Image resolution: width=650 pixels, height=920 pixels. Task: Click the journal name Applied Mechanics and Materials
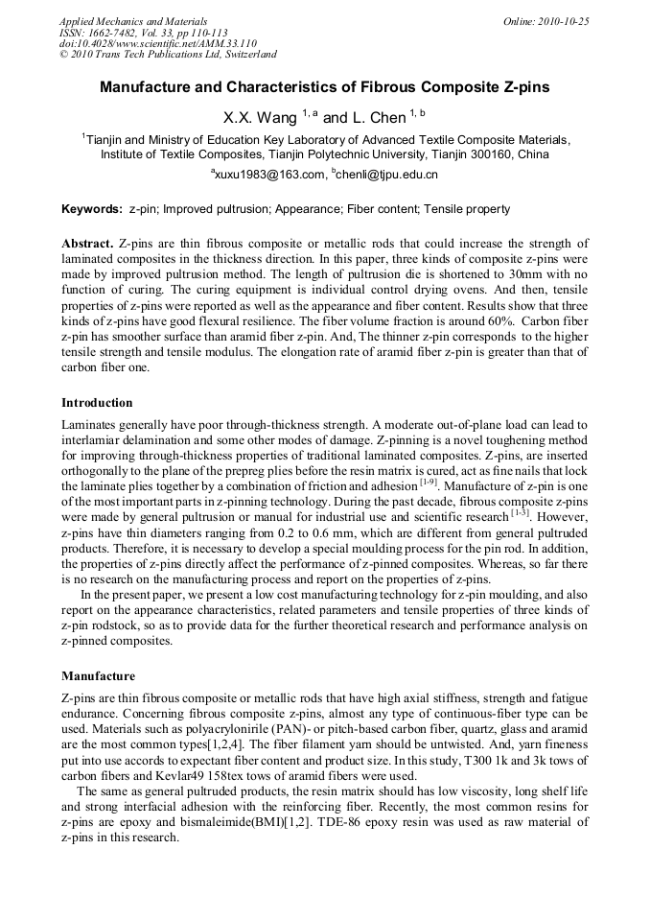click(133, 21)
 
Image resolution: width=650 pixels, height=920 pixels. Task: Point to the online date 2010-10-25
click(564, 21)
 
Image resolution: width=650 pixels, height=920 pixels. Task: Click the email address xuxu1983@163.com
click(270, 175)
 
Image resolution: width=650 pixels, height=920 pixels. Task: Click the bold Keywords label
click(91, 209)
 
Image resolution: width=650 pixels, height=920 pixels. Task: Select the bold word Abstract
click(88, 244)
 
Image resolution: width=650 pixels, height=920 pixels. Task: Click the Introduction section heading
click(97, 402)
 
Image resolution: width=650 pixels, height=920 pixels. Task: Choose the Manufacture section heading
click(98, 675)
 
